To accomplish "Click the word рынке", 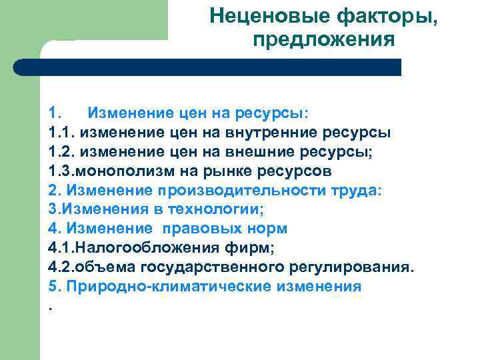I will click(225, 170).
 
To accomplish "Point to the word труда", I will click(353, 189).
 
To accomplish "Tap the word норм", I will click(266, 228).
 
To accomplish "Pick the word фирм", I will click(253, 248).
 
